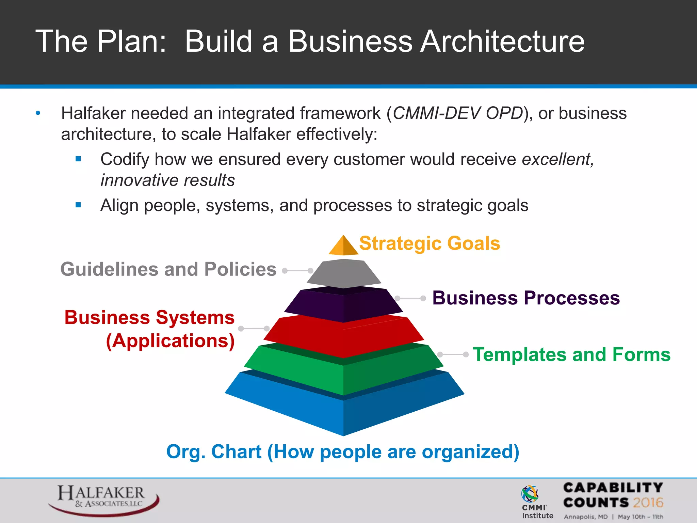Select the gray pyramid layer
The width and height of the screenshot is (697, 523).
[344, 273]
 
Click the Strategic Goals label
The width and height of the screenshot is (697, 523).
[429, 243]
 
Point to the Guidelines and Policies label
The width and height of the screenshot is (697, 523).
[168, 269]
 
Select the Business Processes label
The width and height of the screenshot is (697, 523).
[526, 298]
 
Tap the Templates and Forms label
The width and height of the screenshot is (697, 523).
[571, 354]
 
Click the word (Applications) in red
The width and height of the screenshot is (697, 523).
[170, 341]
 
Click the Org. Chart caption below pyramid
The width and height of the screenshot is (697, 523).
[343, 452]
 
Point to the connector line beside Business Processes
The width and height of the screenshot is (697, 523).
[410, 298]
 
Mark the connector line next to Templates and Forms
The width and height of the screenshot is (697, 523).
[453, 354]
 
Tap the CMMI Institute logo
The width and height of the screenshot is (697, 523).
[537, 502]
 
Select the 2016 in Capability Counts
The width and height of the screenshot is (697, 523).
[648, 503]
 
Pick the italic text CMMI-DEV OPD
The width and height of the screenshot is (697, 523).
[458, 113]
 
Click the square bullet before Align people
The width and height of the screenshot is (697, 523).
[78, 205]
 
